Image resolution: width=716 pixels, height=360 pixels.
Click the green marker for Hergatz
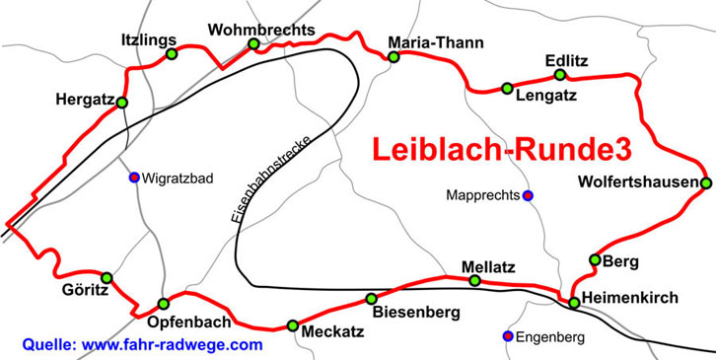coord(122,103)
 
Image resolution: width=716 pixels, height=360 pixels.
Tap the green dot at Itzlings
coord(172,54)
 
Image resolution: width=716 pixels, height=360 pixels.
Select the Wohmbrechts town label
coord(261,30)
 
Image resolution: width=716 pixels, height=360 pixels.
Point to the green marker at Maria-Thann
coord(394,57)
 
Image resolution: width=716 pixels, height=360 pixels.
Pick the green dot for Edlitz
coord(560,75)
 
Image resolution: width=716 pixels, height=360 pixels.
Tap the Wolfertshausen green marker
coord(706,183)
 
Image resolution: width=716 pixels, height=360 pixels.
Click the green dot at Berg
coord(594,259)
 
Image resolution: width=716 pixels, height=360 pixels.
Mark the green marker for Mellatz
coord(474,281)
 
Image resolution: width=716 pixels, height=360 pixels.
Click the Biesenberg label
coord(417,314)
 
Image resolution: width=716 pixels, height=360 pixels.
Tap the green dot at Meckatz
coord(292,325)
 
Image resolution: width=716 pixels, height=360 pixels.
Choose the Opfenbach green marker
coord(164,304)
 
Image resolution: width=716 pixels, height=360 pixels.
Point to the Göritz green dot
coord(107,278)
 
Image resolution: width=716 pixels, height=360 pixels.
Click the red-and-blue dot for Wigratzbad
coord(134,178)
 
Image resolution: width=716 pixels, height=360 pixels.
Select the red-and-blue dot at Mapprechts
coord(528,195)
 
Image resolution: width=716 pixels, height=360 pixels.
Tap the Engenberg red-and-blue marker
coord(508,336)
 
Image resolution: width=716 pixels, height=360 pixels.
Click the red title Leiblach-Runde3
coord(501,149)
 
